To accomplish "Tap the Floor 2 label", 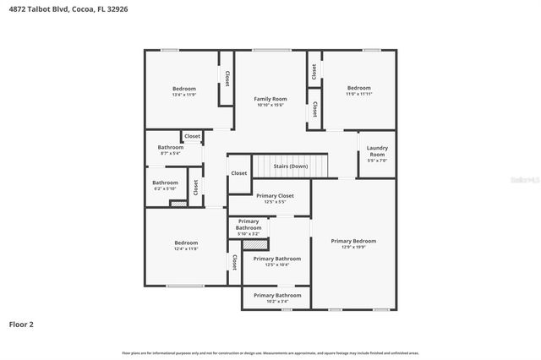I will pyautogui.click(x=21, y=324).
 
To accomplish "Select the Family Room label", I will pyautogui.click(x=270, y=99).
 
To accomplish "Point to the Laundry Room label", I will pyautogui.click(x=377, y=151).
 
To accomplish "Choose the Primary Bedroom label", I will pyautogui.click(x=353, y=241).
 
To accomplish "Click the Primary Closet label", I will pyautogui.click(x=275, y=195).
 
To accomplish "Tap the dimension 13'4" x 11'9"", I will pyautogui.click(x=184, y=95).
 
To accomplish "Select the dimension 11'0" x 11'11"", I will pyautogui.click(x=358, y=94).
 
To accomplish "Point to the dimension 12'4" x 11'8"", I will pyautogui.click(x=186, y=248).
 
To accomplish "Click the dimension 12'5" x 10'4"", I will pyautogui.click(x=277, y=265).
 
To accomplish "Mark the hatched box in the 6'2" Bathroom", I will pyautogui.click(x=178, y=204).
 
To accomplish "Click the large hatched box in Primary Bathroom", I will pyautogui.click(x=254, y=245).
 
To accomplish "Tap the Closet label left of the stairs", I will pyautogui.click(x=239, y=173).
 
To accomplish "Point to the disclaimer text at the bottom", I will pyautogui.click(x=270, y=352).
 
